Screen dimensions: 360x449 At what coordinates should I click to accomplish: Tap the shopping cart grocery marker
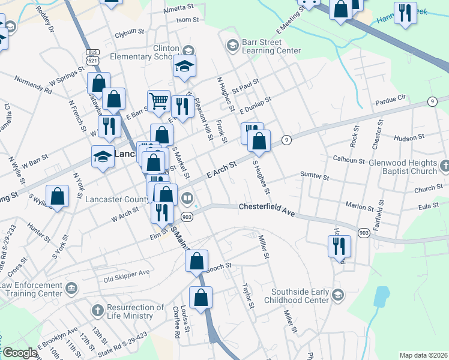pos(158,101)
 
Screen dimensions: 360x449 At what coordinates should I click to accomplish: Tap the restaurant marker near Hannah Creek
pos(405,13)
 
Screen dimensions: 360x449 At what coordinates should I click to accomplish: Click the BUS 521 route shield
pos(92,57)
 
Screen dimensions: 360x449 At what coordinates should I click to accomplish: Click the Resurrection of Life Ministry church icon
pos(97,311)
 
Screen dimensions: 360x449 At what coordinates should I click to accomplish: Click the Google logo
pos(19,353)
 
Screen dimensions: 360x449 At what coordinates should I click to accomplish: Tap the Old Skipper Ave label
pos(126,272)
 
